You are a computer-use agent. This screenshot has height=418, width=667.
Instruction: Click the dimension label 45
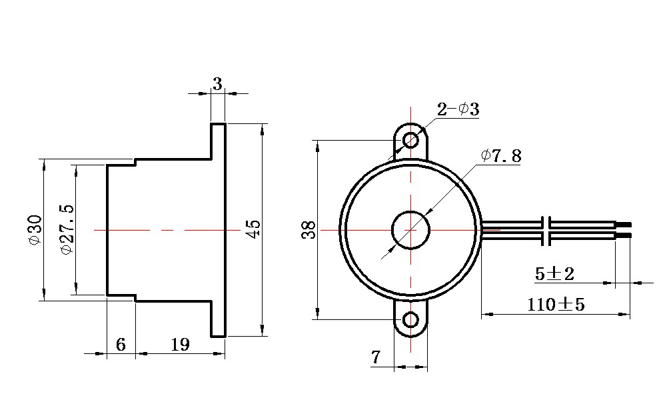click(x=254, y=229)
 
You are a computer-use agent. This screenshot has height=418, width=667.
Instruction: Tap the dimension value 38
click(x=309, y=230)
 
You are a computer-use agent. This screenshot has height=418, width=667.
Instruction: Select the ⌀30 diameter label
click(x=35, y=230)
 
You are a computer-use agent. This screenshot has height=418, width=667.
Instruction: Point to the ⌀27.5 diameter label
click(x=67, y=229)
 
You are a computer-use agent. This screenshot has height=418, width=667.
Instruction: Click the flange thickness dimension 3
click(x=217, y=84)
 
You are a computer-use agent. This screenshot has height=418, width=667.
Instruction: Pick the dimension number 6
click(x=121, y=345)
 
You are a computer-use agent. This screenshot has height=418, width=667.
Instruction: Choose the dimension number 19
click(x=180, y=345)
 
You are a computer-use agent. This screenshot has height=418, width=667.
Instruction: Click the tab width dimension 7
click(x=375, y=357)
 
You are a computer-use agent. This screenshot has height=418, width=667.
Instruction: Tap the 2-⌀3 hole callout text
click(x=458, y=109)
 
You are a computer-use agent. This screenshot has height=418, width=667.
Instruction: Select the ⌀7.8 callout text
click(x=501, y=156)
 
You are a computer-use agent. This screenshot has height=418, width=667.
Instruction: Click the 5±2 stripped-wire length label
click(x=554, y=274)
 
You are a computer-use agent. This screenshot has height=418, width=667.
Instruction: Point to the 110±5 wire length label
click(x=556, y=305)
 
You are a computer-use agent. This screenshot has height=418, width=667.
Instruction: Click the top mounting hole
click(x=410, y=139)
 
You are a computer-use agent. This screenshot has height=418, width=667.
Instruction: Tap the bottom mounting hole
click(x=410, y=320)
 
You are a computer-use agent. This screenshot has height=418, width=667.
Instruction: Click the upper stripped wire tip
click(x=624, y=224)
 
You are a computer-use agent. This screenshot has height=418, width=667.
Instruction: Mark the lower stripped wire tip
click(x=624, y=235)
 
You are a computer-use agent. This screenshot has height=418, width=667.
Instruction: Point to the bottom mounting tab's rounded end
click(x=410, y=336)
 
